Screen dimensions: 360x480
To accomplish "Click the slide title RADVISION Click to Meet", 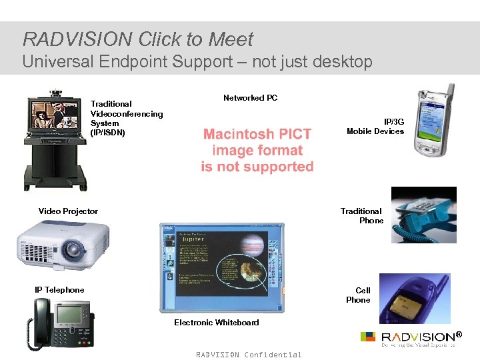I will tap(138, 39).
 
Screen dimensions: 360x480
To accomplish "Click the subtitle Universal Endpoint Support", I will tap(197, 62).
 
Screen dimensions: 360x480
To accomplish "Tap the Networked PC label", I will tap(250, 98).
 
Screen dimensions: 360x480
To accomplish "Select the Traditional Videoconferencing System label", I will tap(126, 118).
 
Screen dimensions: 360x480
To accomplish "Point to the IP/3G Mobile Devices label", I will tap(375, 127).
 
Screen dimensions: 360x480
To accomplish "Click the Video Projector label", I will tap(68, 211).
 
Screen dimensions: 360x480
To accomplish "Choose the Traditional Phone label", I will tap(361, 216).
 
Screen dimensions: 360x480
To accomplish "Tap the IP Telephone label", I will tap(59, 290).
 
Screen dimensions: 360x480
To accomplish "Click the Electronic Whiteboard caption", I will tap(216, 323).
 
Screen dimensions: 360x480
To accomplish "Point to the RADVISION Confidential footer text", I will tap(249, 355).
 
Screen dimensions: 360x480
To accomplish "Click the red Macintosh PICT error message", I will tap(257, 151).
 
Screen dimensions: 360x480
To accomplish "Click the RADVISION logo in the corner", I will tap(413, 338).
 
